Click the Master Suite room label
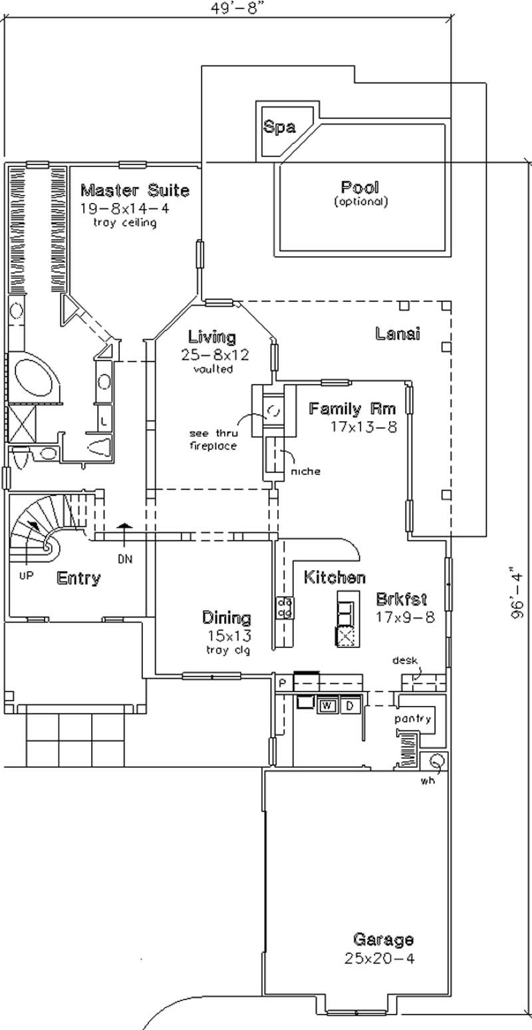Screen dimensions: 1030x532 pyautogui.click(x=134, y=191)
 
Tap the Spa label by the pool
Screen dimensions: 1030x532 pyautogui.click(x=279, y=127)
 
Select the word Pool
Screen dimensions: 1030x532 pyautogui.click(x=360, y=187)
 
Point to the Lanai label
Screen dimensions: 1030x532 pyautogui.click(x=397, y=333)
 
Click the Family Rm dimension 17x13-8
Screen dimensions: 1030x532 pyautogui.click(x=363, y=427)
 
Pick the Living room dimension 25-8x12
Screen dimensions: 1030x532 pyautogui.click(x=215, y=355)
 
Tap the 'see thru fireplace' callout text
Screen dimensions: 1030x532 pyautogui.click(x=212, y=439)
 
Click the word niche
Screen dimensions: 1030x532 pyautogui.click(x=305, y=471)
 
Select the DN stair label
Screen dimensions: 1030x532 pyautogui.click(x=125, y=560)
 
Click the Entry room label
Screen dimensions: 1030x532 pyautogui.click(x=78, y=578)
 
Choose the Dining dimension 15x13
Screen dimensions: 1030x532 pyautogui.click(x=227, y=634)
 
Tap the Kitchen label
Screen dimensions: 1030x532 pyautogui.click(x=334, y=577)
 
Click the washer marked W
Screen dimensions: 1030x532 pyautogui.click(x=327, y=705)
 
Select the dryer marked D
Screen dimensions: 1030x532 pyautogui.click(x=350, y=705)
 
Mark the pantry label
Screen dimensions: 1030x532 pyautogui.click(x=413, y=719)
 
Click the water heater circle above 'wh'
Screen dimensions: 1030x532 pyautogui.click(x=437, y=761)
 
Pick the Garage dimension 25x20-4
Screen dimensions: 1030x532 pyautogui.click(x=382, y=959)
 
